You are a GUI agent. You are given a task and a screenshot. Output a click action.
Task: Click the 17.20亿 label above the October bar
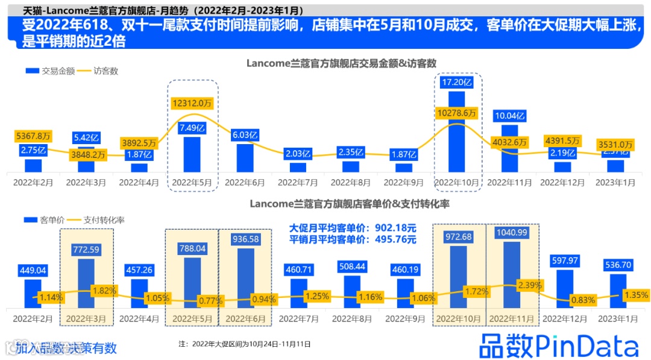[x=458, y=82]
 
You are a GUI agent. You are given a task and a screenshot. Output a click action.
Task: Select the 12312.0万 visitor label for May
[x=192, y=103]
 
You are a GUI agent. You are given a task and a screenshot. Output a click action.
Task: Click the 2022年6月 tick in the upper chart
[x=245, y=181]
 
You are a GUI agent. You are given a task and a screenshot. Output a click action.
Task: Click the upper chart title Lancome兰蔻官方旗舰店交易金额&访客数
[x=341, y=63]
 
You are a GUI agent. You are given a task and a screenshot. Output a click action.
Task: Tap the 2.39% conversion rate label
[x=528, y=285]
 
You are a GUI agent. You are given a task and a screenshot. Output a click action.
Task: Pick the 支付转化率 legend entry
[x=104, y=220]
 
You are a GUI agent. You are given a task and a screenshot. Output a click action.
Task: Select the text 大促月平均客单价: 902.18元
[x=353, y=229]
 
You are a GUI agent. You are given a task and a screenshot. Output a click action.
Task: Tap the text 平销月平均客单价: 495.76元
[x=353, y=239]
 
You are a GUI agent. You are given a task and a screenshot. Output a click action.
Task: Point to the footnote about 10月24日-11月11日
[x=244, y=344]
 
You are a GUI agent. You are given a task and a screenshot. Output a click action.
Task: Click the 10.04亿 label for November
[x=510, y=115]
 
